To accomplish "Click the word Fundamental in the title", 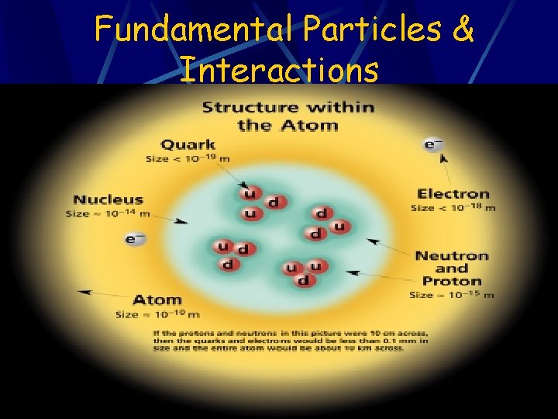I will (195, 29).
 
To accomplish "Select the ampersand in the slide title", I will (463, 29).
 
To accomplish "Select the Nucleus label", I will (108, 199).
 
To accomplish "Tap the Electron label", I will (453, 194).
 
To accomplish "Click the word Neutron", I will (452, 256).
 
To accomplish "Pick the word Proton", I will (452, 281).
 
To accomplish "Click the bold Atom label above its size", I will (157, 300).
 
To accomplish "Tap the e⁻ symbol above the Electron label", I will (432, 144).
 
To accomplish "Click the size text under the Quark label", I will (188, 159).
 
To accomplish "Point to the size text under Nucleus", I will (108, 213).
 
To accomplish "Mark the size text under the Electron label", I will (453, 208).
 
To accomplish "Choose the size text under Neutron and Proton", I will (451, 295).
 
